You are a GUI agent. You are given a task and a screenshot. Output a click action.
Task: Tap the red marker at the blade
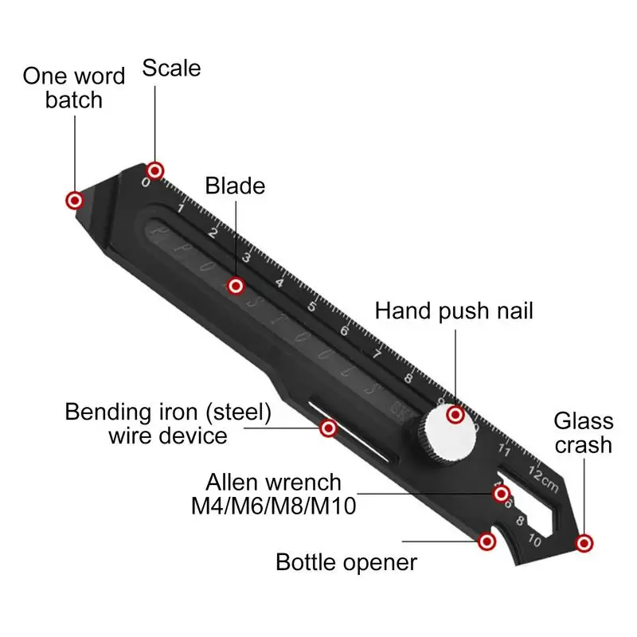pos(235,285)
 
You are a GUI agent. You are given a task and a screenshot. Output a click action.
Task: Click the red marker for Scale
pos(154,170)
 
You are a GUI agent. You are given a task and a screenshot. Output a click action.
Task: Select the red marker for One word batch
pos(74,200)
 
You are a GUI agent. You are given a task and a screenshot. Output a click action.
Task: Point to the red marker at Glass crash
pos(585,543)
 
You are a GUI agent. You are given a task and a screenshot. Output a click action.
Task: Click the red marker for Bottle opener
pos(486,542)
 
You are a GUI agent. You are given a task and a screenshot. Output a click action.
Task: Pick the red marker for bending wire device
pos(328,428)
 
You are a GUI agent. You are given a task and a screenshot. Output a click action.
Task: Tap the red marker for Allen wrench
pos(501,494)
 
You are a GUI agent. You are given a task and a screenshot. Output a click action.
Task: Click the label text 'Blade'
pos(235,186)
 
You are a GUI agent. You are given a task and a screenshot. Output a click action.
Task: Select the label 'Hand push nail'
pos(455,310)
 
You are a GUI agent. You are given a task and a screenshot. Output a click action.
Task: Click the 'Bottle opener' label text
pos(346,562)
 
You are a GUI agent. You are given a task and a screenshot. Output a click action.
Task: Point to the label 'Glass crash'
pos(584,432)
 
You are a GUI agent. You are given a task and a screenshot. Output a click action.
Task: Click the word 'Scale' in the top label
pos(171,68)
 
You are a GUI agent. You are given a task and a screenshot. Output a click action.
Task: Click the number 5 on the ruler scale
pos(312,307)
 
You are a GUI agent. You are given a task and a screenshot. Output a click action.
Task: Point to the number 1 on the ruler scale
pos(182,209)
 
